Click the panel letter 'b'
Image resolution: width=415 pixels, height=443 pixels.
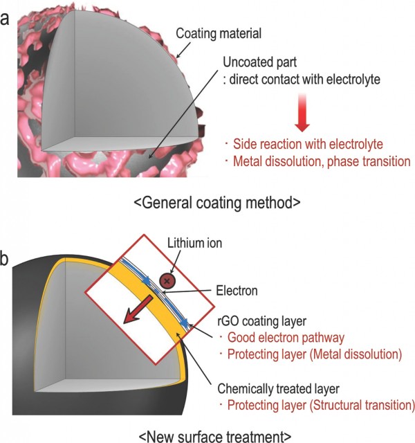tap(7, 260)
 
